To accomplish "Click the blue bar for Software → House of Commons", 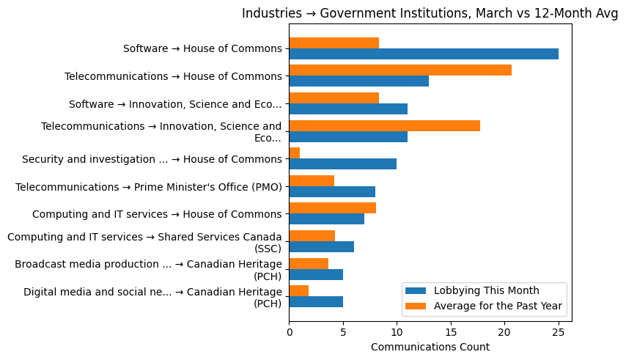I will pos(424,54).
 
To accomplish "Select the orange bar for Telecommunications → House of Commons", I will pos(400,70).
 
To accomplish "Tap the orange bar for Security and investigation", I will pos(294,153).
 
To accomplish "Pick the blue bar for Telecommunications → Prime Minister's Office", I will pos(332,192).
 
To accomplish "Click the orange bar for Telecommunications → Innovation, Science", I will pos(384,125).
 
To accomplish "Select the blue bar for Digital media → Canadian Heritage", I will pos(316,302).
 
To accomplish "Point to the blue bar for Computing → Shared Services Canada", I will pos(321,247).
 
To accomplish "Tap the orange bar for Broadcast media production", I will pos(309,263).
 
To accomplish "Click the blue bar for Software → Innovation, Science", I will pos(348,109).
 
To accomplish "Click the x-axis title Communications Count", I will pos(430,347).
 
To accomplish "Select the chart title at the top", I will pos(430,13).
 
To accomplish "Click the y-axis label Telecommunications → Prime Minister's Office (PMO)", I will pos(149,187).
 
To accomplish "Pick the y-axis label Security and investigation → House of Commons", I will pos(152,159).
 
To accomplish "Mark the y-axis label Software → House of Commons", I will pos(202,49).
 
